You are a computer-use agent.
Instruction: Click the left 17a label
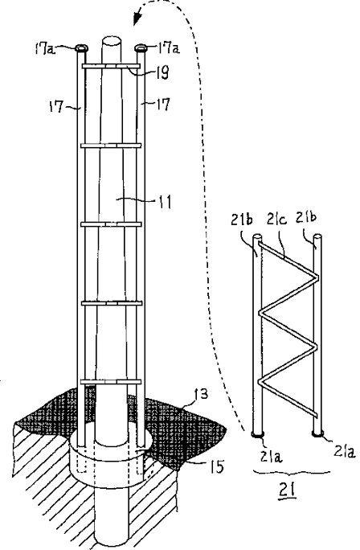45,49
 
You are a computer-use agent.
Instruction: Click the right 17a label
170,47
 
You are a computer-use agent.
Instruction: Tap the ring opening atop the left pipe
81,47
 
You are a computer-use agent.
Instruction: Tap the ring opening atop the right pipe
141,47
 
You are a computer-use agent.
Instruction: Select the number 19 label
161,73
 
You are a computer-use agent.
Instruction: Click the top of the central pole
112,41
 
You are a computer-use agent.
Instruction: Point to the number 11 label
164,202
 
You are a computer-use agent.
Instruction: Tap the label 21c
277,219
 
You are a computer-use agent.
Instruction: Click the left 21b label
242,220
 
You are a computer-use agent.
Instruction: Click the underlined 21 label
287,490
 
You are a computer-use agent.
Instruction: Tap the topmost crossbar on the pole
111,66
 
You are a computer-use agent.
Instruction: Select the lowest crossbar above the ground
111,382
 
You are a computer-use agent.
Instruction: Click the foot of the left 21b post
258,434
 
